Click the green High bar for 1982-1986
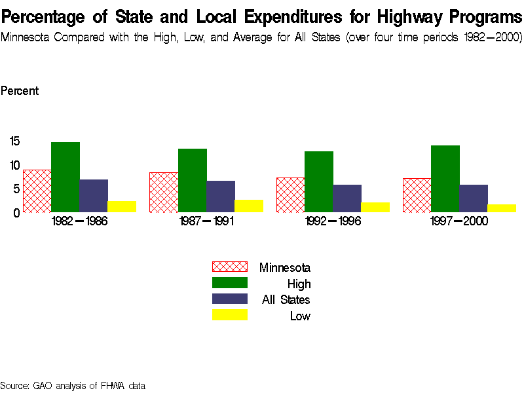(65, 177)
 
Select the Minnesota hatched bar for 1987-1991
(164, 193)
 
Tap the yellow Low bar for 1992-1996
(375, 207)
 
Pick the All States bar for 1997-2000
(474, 198)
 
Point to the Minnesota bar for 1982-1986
(37, 191)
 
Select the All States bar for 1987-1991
(221, 196)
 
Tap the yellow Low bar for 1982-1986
(122, 206)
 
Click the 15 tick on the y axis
(15, 141)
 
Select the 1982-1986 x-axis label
(79, 221)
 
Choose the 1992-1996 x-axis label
(333, 221)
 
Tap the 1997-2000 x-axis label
(459, 221)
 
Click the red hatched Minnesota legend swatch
(229, 267)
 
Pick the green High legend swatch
(229, 283)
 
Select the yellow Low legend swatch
(229, 315)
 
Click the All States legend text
(286, 300)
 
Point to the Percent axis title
(20, 91)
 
